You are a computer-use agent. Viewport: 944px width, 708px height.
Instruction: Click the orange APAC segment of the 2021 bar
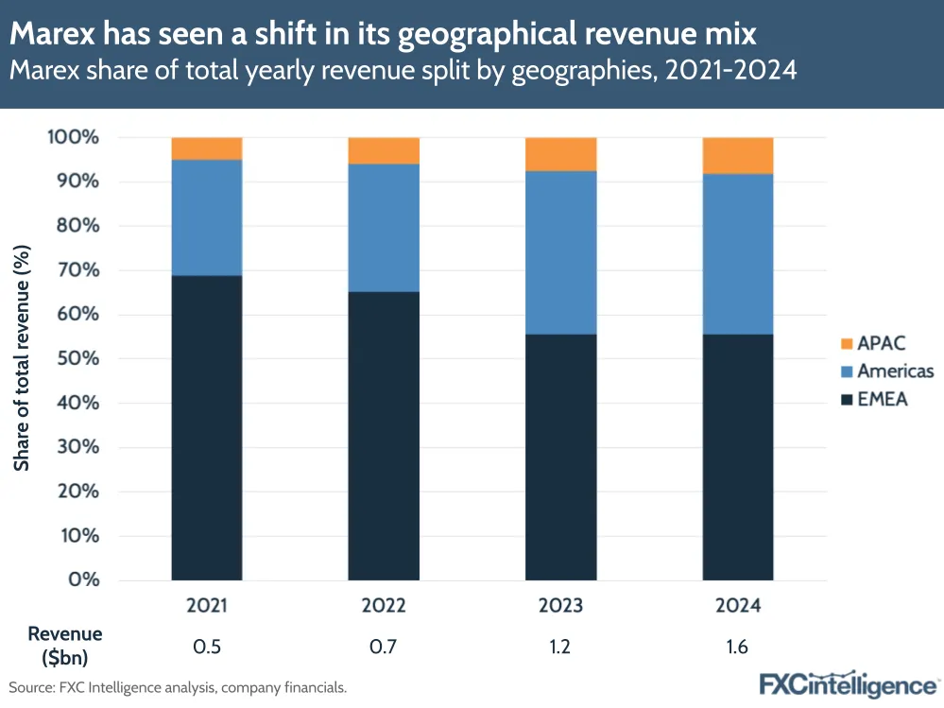[207, 148]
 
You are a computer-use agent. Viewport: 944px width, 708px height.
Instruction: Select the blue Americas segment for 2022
[384, 228]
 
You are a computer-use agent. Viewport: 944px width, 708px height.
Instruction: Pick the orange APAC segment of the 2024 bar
[738, 155]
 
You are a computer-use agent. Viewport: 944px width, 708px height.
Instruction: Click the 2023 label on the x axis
[561, 605]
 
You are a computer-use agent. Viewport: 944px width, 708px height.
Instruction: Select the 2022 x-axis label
[384, 605]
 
